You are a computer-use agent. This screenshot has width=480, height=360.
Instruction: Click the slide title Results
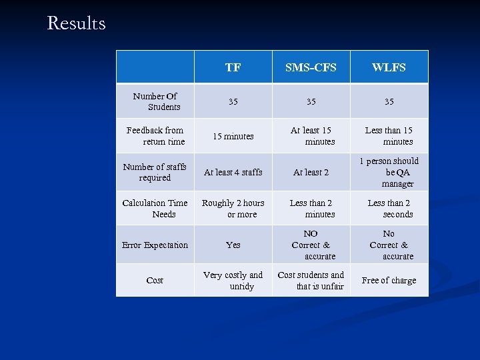(x=76, y=23)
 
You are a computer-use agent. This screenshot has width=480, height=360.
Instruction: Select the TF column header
(x=233, y=67)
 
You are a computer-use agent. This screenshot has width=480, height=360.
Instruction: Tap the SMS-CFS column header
(x=311, y=67)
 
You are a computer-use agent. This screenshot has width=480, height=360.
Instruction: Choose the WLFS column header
(x=389, y=67)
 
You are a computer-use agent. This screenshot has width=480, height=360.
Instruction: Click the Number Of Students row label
(x=155, y=101)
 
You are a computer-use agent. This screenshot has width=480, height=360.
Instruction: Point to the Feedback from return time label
(x=155, y=136)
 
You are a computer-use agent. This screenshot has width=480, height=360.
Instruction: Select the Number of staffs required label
(x=155, y=172)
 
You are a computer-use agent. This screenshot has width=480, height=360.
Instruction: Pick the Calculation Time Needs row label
(x=155, y=208)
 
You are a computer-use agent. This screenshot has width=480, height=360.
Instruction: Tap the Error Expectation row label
(x=155, y=245)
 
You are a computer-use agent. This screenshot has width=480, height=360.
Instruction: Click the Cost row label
(x=155, y=280)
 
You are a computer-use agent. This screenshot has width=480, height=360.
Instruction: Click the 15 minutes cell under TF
(x=233, y=136)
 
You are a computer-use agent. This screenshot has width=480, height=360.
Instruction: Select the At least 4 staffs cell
(x=233, y=172)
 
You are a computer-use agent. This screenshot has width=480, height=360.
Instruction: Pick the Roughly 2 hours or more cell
(x=233, y=208)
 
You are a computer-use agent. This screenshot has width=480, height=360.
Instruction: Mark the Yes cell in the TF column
(x=233, y=245)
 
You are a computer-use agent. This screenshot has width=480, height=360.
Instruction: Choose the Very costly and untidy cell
(x=233, y=280)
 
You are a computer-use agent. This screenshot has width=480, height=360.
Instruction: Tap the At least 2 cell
(x=311, y=172)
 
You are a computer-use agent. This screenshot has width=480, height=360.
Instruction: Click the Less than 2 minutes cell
(x=311, y=208)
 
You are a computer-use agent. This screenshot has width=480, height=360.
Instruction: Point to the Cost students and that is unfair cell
(x=311, y=280)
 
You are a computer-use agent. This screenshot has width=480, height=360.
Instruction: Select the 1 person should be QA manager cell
(x=389, y=172)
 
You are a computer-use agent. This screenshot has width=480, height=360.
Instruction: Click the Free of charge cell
(x=389, y=280)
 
